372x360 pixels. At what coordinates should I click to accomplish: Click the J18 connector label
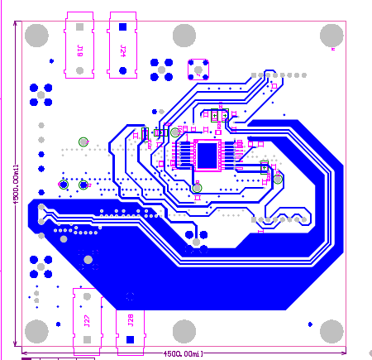tap(79, 50)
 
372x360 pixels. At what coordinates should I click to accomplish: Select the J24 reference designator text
tap(122, 50)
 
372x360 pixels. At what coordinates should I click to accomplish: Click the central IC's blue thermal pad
tap(207, 154)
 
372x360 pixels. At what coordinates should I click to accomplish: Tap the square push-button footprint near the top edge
tap(199, 67)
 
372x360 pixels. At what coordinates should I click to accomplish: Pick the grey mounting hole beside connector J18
tap(36, 35)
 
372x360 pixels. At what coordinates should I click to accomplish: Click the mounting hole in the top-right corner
tap(331, 35)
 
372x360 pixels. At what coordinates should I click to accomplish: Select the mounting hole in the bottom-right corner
tap(331, 331)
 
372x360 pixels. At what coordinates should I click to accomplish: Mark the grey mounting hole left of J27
tap(36, 331)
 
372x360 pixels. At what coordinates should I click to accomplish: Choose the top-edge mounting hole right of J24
tap(184, 35)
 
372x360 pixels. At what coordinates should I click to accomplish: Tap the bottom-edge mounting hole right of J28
tap(184, 331)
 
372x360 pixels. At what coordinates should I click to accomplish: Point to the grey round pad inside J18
tap(79, 71)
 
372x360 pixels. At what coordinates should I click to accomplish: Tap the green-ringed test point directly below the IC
tap(197, 189)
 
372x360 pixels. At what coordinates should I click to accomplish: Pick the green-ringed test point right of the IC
tap(278, 179)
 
